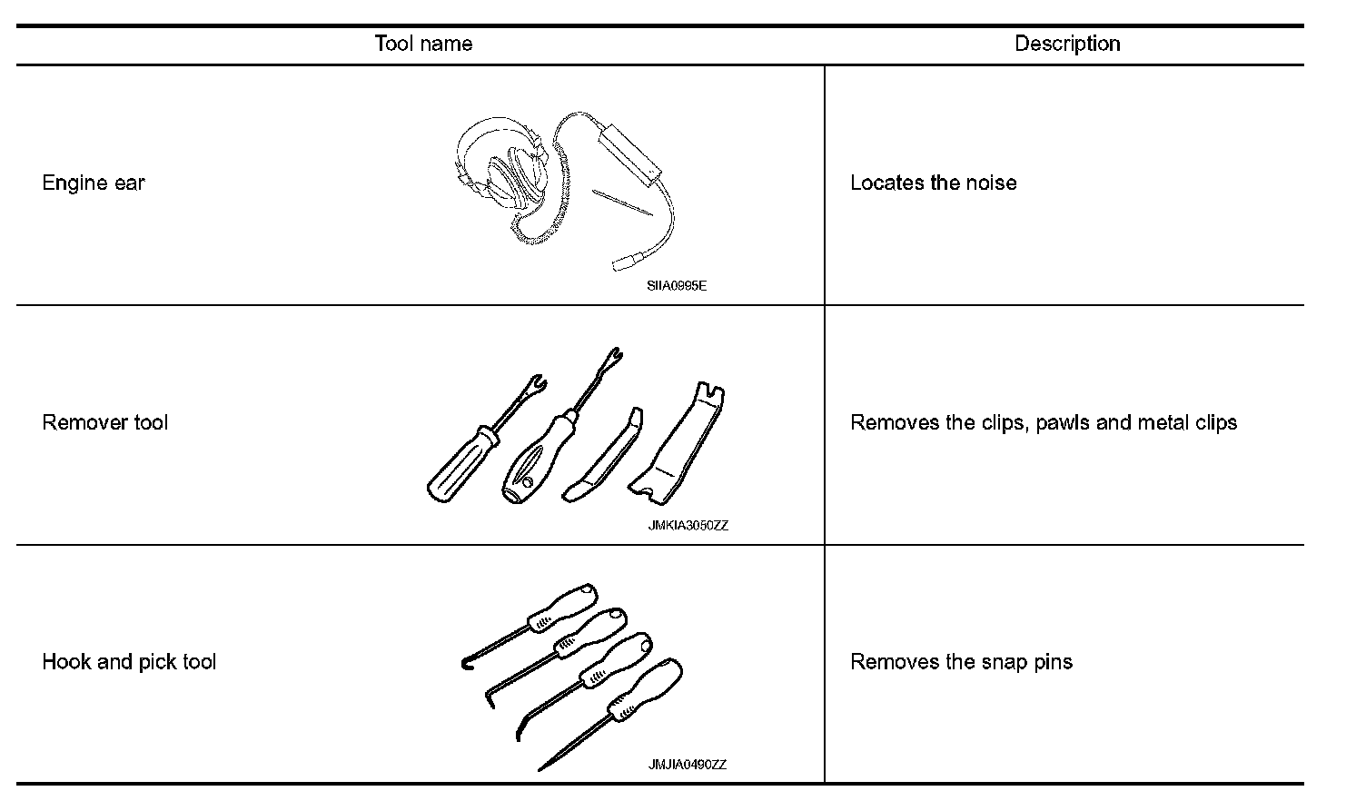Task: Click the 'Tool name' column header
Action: point(423,44)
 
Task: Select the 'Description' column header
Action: point(1066,44)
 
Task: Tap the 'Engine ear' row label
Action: point(94,183)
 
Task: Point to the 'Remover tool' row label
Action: point(105,423)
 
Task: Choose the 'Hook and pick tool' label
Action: point(129,662)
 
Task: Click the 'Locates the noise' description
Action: point(933,183)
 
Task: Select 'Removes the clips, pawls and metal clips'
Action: point(1043,423)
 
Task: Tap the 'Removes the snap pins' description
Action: point(961,662)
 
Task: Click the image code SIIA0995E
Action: point(677,286)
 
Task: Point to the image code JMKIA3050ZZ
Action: point(688,526)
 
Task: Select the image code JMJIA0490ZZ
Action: point(687,765)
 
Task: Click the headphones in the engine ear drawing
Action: point(504,177)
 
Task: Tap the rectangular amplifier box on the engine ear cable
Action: point(628,151)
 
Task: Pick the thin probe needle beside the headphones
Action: point(622,203)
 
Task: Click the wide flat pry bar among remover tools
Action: point(679,445)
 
